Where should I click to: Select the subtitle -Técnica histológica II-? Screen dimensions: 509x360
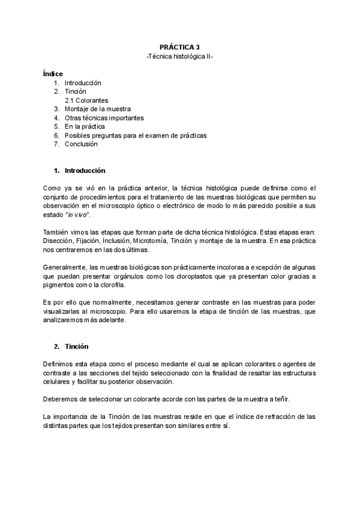[x=179, y=55]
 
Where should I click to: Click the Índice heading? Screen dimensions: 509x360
[x=53, y=73]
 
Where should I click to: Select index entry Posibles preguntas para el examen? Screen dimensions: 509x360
[x=135, y=136]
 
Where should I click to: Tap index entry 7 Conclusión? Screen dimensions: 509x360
[x=80, y=144]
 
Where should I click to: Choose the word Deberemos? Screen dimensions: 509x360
[x=61, y=399]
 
